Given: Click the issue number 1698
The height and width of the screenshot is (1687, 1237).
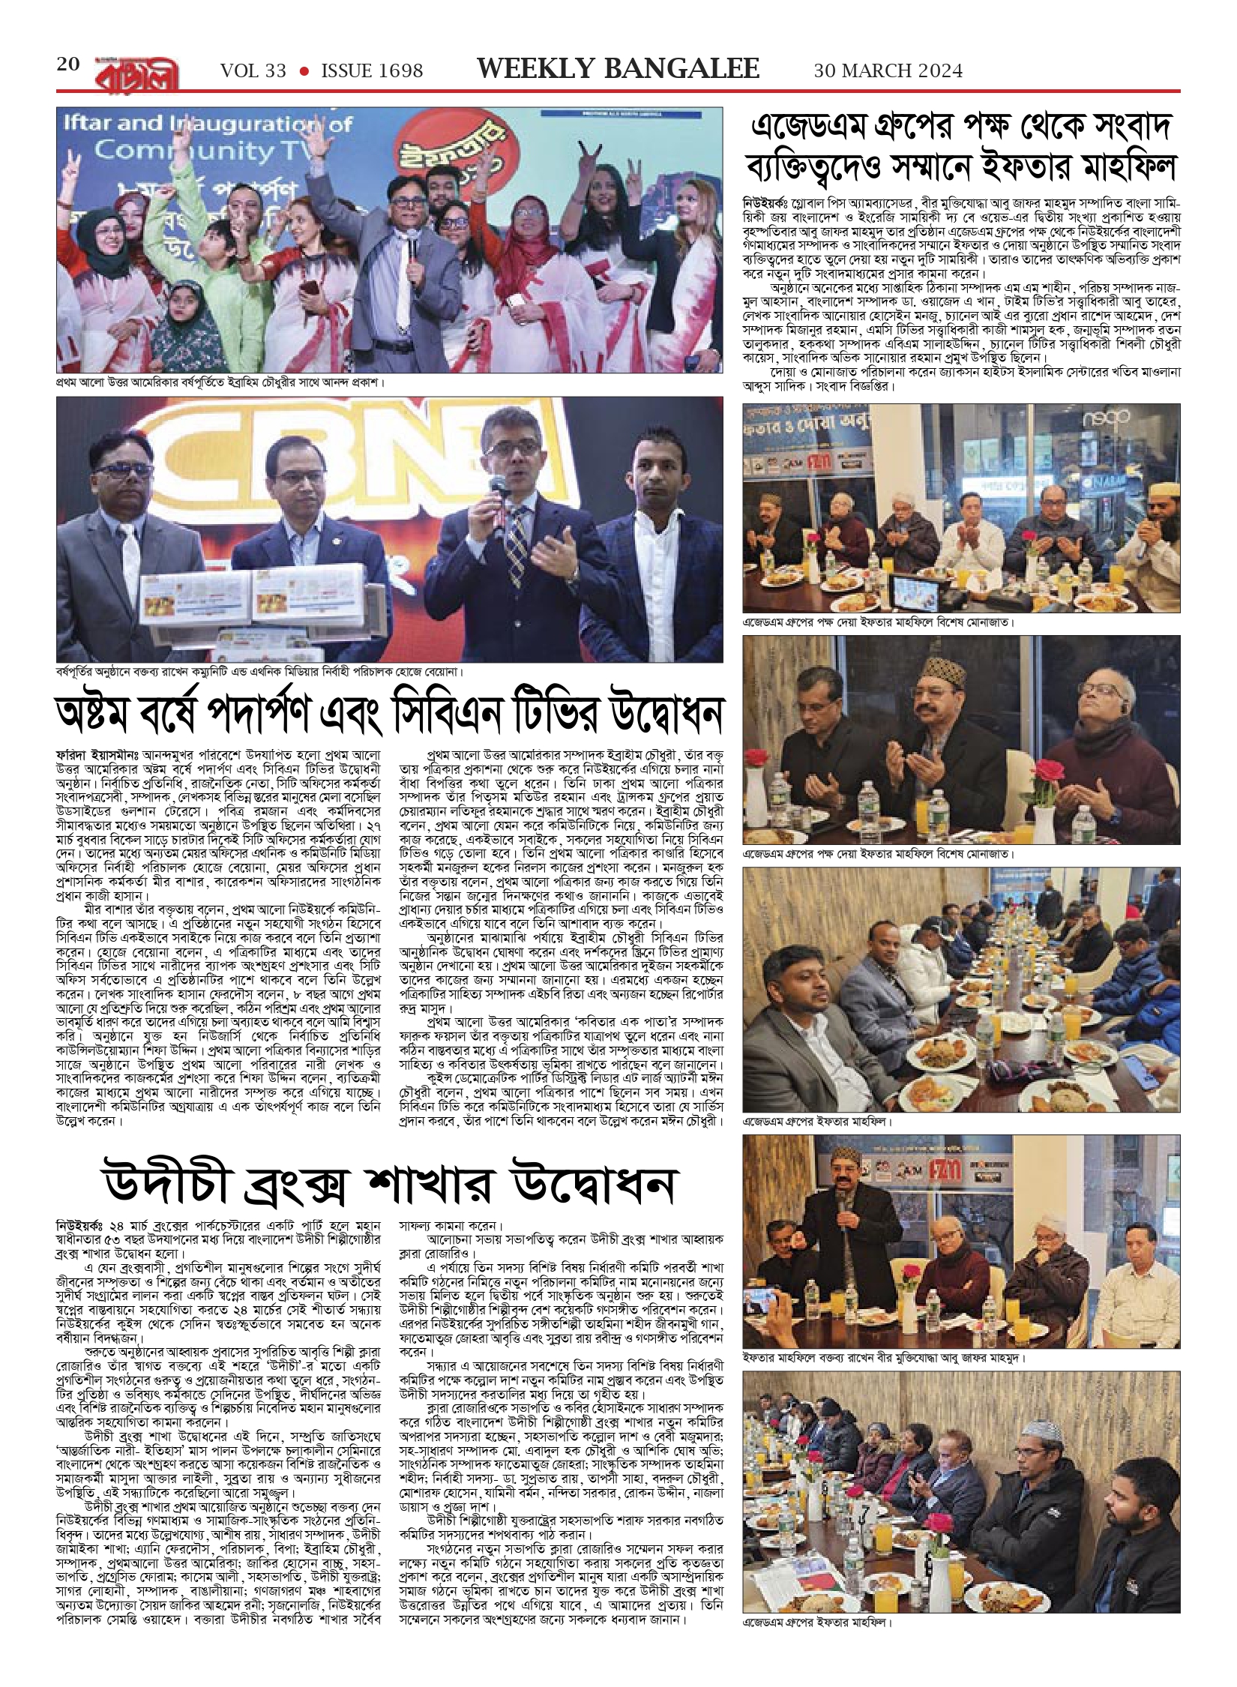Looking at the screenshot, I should [397, 71].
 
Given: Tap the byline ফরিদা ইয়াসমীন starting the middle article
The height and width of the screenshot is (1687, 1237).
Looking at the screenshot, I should [94, 751].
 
